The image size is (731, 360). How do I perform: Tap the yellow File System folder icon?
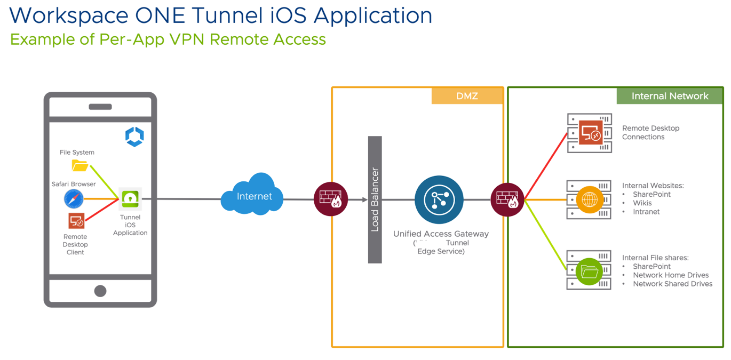pyautogui.click(x=80, y=166)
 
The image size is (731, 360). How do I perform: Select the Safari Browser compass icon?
pyautogui.click(x=74, y=199)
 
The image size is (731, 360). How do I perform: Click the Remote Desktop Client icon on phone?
pyautogui.click(x=76, y=221)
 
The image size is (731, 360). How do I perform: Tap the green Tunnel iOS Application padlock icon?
pyautogui.click(x=130, y=199)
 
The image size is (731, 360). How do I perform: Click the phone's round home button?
pyautogui.click(x=100, y=291)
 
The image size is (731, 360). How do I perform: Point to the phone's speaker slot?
pyautogui.click(x=100, y=107)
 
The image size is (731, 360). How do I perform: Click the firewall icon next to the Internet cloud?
pyautogui.click(x=331, y=199)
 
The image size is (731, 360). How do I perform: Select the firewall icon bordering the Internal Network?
pyautogui.click(x=507, y=199)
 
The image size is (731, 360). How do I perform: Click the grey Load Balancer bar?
pyautogui.click(x=375, y=199)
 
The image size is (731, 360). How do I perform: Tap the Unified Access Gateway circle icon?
pyautogui.click(x=439, y=200)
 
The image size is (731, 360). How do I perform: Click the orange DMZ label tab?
pyautogui.click(x=467, y=96)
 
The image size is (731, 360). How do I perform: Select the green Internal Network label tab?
pyautogui.click(x=670, y=96)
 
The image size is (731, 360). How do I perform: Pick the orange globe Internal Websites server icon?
pyautogui.click(x=589, y=200)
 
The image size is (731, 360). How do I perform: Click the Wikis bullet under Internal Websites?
pyautogui.click(x=642, y=203)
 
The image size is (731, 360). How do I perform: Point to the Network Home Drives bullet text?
pyautogui.click(x=671, y=275)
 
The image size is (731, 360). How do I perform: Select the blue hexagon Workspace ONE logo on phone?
pyautogui.click(x=134, y=137)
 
